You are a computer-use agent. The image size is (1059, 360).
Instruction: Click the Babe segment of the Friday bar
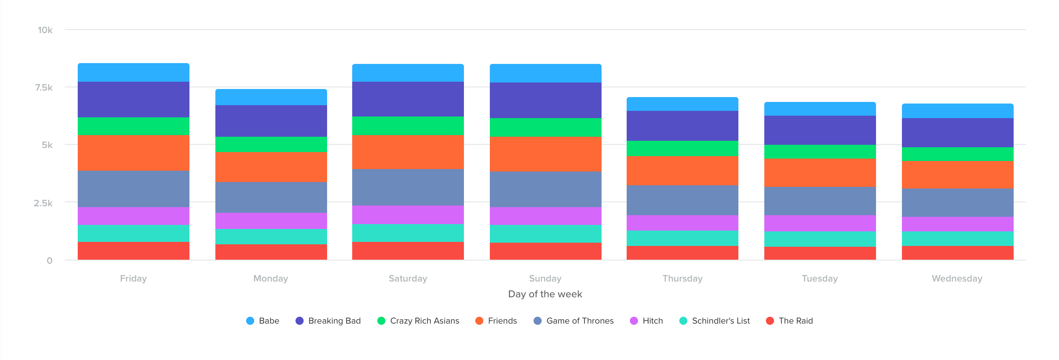[133, 72]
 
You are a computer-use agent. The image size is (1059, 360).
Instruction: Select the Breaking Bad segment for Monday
[271, 121]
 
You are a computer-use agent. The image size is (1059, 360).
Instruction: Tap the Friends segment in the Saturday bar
[408, 152]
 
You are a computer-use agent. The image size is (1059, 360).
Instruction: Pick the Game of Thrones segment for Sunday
[545, 189]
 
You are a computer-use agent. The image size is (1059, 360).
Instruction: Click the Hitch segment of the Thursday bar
[682, 223]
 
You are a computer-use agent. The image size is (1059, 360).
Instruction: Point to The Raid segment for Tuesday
[820, 253]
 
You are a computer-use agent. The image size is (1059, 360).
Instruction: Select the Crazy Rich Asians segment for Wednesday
[957, 154]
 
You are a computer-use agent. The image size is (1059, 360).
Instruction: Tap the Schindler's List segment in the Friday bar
[133, 233]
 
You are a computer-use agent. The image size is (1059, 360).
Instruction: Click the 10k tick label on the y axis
[45, 30]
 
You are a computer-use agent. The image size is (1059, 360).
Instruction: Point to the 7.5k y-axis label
[44, 87]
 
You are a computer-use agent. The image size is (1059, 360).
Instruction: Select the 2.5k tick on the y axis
[43, 203]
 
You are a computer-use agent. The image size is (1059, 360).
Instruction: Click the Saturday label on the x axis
[408, 279]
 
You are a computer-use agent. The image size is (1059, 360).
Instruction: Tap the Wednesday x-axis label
[957, 279]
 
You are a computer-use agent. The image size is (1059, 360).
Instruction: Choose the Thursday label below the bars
[682, 279]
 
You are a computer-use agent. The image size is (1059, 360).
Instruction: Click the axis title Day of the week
[545, 294]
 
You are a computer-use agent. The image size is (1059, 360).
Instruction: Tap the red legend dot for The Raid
[770, 321]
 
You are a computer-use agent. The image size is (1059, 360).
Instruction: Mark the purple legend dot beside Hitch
[634, 321]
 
